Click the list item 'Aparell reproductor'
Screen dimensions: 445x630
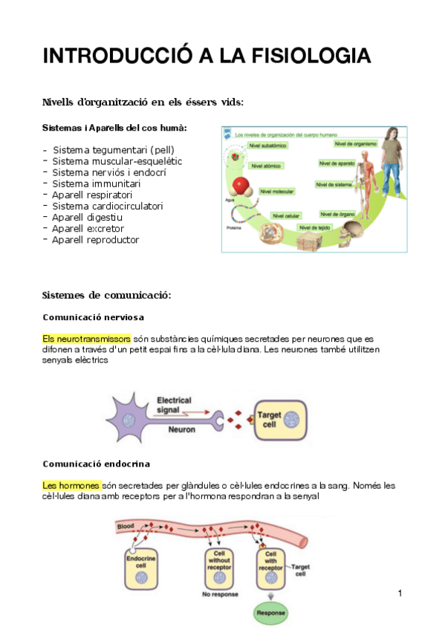point(95,239)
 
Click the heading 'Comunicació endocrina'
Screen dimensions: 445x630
point(96,464)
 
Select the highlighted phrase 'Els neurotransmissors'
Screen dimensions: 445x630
point(87,337)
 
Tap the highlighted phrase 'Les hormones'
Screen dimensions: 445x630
point(71,485)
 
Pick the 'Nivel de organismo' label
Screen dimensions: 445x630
point(355,143)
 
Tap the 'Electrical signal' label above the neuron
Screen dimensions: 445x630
point(175,404)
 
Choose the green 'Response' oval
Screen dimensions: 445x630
point(271,613)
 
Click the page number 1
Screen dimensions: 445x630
point(400,593)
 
